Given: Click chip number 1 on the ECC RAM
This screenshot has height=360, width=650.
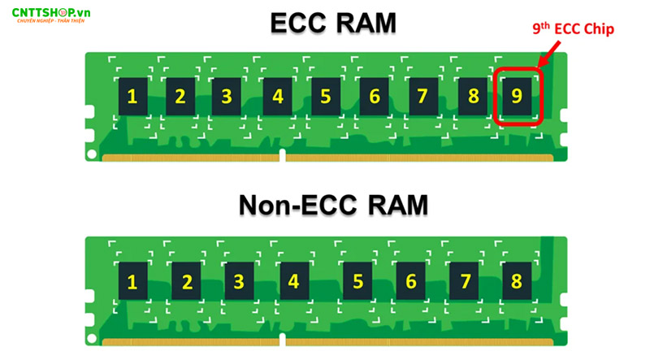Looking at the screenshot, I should click(132, 97).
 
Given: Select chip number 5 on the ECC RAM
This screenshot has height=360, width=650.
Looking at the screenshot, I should click(325, 97).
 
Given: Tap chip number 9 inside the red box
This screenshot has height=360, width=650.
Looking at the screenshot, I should click(515, 97).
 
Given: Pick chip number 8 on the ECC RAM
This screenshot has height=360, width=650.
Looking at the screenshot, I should click(471, 97).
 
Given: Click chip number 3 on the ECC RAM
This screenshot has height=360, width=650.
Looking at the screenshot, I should click(227, 97).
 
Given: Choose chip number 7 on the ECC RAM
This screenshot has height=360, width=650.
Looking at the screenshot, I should click(422, 97).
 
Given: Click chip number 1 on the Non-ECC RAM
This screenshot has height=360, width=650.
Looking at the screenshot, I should click(132, 281).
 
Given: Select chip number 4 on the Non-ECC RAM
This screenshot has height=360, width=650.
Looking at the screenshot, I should click(293, 281).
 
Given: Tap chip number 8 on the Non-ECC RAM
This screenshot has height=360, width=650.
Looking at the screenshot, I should click(516, 281).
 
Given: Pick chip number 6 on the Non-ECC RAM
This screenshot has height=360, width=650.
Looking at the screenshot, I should click(411, 281).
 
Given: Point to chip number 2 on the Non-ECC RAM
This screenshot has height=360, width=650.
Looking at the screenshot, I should click(187, 281).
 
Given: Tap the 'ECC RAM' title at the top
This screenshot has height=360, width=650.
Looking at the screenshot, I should click(333, 24).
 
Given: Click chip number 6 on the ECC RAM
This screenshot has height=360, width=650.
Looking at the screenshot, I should click(375, 97).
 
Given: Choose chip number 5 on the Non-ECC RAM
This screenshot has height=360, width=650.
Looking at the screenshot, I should click(358, 281).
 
